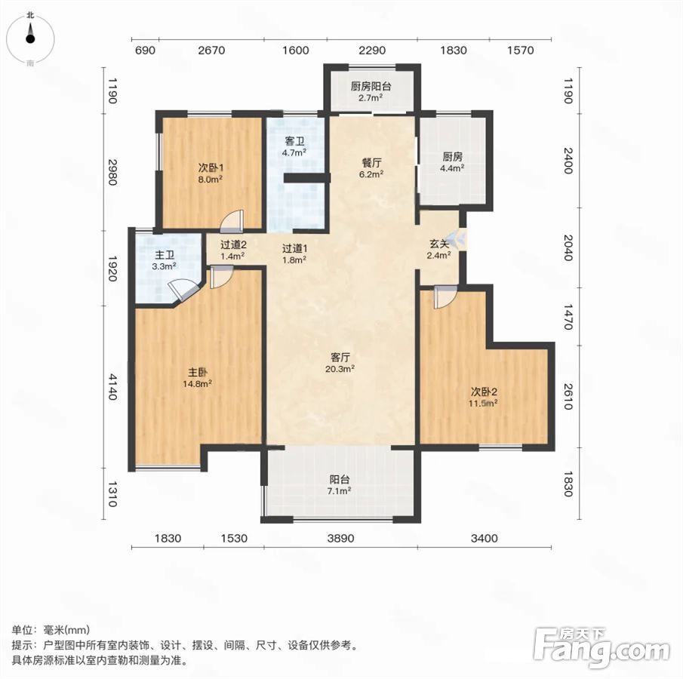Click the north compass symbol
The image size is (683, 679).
(x=30, y=38)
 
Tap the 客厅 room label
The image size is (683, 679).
(x=340, y=357)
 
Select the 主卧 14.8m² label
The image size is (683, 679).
(x=197, y=378)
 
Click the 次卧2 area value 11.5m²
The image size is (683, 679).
(x=483, y=404)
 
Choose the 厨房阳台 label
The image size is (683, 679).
(x=371, y=86)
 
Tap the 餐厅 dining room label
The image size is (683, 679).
(x=371, y=163)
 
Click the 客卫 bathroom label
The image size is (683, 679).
(x=294, y=142)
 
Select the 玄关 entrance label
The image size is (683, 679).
(x=438, y=244)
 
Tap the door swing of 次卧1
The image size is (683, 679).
(x=232, y=221)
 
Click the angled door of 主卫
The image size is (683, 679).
(x=182, y=292)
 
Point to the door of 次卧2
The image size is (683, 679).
(x=445, y=297)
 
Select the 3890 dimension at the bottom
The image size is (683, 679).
(x=340, y=539)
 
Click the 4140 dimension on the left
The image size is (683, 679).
(x=112, y=386)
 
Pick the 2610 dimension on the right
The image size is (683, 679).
(x=568, y=396)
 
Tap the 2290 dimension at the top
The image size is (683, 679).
(x=372, y=51)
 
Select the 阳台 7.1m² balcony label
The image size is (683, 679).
(x=340, y=485)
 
